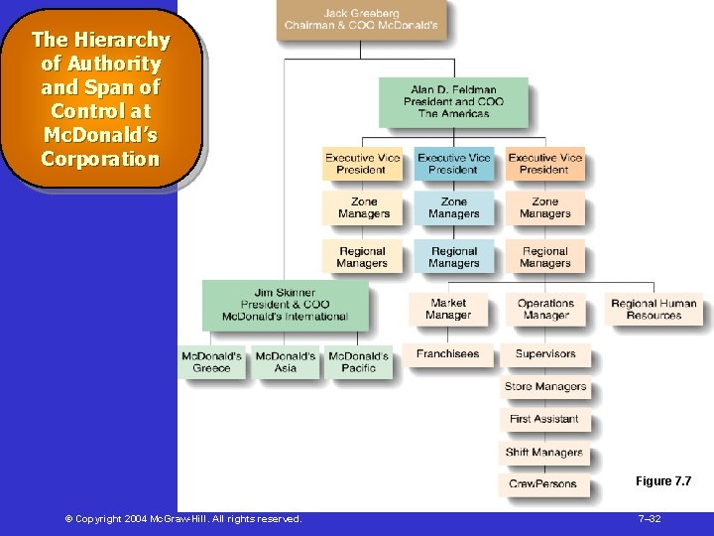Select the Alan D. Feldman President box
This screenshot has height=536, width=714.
coord(453,101)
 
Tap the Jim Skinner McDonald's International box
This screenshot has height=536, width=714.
coord(285,305)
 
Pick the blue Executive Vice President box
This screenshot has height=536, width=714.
coord(453,164)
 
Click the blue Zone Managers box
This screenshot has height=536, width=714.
coord(453,207)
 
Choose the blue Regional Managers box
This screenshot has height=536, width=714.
coord(453,257)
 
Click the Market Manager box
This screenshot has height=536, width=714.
coord(447,309)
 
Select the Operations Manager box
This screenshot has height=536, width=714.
coord(545,309)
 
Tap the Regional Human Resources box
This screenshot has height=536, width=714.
coord(654,309)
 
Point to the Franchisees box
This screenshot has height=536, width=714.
coord(447,354)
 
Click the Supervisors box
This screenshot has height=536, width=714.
coord(544,354)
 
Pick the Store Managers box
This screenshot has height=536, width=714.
coord(544,387)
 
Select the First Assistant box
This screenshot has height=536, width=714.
coord(544,419)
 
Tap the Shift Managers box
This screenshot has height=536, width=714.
coord(544,453)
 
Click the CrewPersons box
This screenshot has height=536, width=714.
coord(542,484)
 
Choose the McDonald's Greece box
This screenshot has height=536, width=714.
coord(211,362)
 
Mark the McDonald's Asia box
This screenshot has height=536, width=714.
coord(286,362)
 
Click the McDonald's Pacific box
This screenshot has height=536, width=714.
coord(358,362)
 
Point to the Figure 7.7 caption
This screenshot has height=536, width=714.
coord(662,481)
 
